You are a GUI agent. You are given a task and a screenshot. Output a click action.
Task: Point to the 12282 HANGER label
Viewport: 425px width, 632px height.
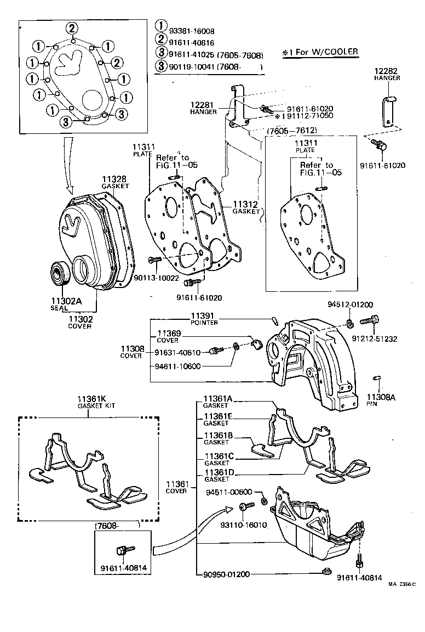pyautogui.click(x=387, y=74)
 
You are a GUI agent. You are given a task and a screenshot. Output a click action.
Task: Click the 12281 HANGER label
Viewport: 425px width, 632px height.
pyautogui.click(x=204, y=108)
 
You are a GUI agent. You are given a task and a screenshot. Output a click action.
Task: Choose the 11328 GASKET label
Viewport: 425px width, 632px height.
pyautogui.click(x=114, y=182)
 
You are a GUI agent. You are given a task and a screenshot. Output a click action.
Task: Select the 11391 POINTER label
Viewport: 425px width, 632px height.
pyautogui.click(x=204, y=319)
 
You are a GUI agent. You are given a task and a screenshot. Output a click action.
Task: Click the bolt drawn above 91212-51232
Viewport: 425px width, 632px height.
pyautogui.click(x=369, y=320)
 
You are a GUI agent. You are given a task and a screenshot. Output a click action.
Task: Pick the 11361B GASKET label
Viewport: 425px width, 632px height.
pyautogui.click(x=217, y=438)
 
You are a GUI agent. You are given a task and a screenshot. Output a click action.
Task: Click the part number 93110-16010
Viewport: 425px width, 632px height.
pyautogui.click(x=243, y=524)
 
